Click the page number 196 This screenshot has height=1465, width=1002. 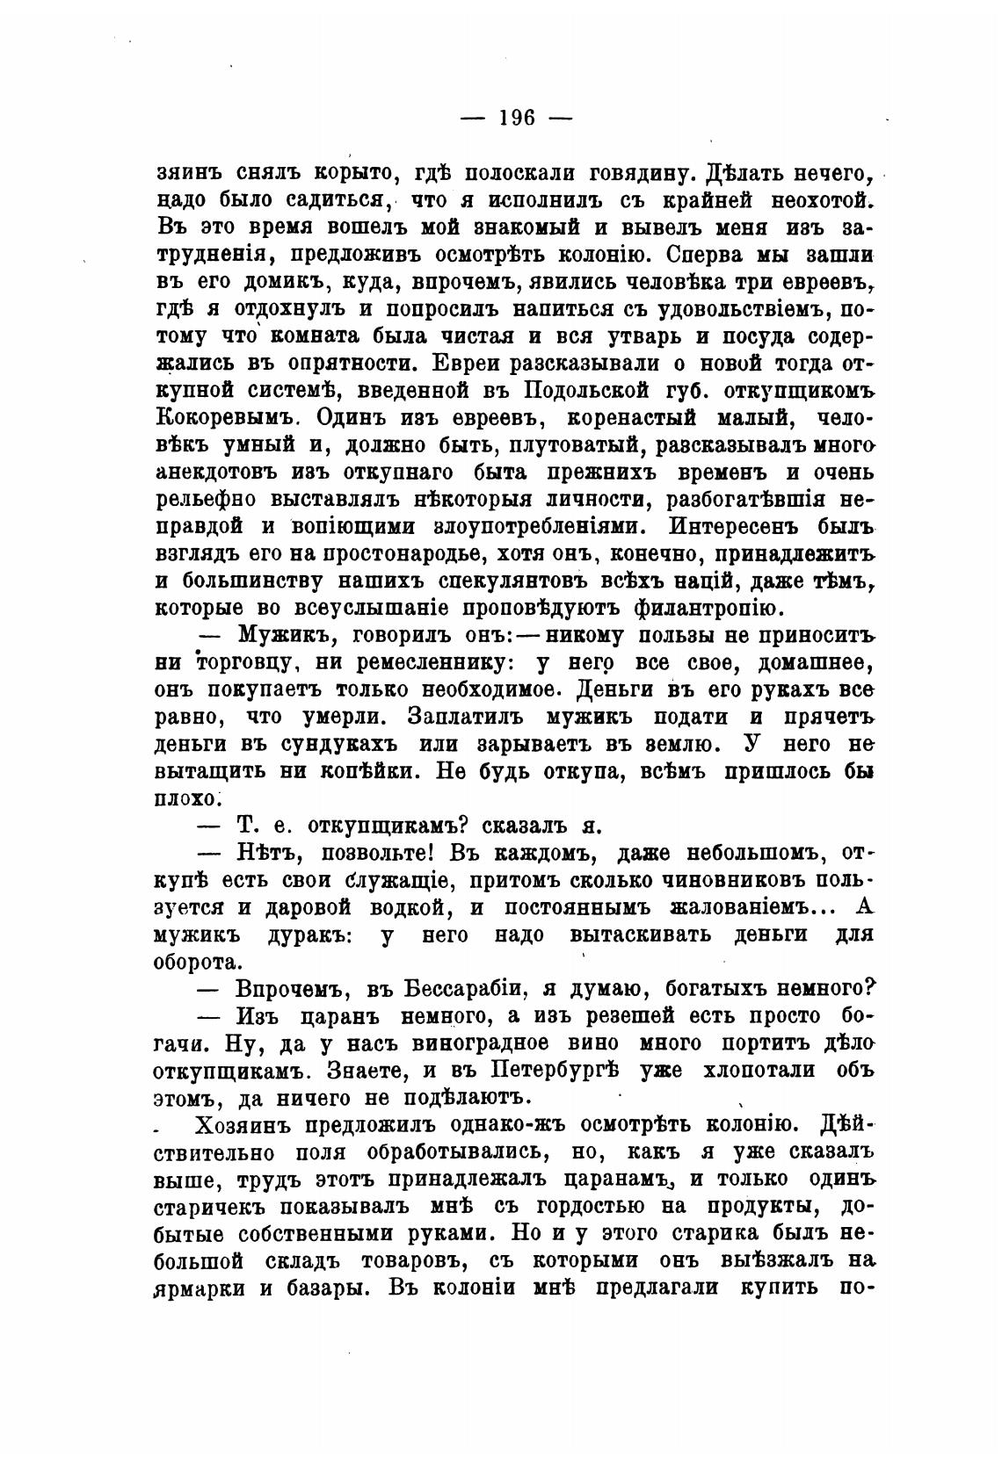[x=516, y=118]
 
